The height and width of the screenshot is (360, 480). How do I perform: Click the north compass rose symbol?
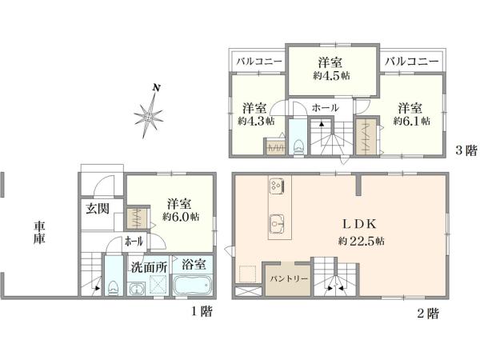pyautogui.click(x=149, y=116)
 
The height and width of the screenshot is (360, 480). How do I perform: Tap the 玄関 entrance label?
pyautogui.click(x=98, y=209)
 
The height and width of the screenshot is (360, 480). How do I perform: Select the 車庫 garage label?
pyautogui.click(x=39, y=233)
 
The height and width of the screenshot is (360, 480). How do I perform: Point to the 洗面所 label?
pyautogui.click(x=149, y=267)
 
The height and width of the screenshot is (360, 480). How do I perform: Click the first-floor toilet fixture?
pyautogui.click(x=113, y=288)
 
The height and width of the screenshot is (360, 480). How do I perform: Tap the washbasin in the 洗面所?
pyautogui.click(x=137, y=289)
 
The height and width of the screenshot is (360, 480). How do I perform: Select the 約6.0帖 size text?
pyautogui.click(x=181, y=217)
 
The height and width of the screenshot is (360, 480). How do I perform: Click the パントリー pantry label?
pyautogui.click(x=288, y=279)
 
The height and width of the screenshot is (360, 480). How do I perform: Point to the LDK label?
pyautogui.click(x=359, y=224)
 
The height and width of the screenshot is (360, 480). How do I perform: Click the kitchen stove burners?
pyautogui.click(x=277, y=185)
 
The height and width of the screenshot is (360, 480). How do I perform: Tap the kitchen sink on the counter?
pyautogui.click(x=277, y=224)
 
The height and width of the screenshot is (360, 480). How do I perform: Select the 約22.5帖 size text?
pyautogui.click(x=362, y=242)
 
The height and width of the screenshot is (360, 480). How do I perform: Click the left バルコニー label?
pyautogui.click(x=259, y=62)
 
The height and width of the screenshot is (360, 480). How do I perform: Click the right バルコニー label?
pyautogui.click(x=411, y=62)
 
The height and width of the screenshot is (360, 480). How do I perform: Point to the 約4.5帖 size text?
pyautogui.click(x=331, y=76)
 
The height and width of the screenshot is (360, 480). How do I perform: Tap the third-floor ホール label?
pyautogui.click(x=325, y=107)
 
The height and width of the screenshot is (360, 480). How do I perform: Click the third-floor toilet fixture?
pyautogui.click(x=298, y=147)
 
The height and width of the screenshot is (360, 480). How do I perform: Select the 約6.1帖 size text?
pyautogui.click(x=412, y=121)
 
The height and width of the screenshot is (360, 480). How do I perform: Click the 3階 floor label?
pyautogui.click(x=466, y=150)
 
